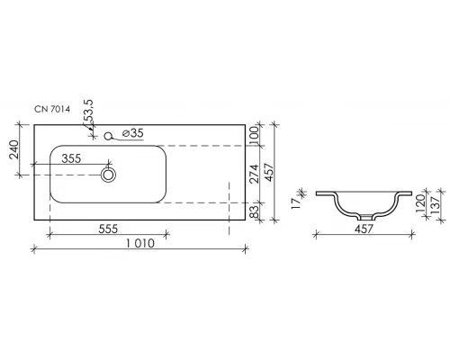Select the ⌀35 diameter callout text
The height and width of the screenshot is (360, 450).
point(132,133)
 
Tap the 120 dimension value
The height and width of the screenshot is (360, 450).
point(420,205)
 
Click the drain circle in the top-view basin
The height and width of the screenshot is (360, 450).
point(109,175)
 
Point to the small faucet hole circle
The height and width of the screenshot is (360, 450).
point(108,137)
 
